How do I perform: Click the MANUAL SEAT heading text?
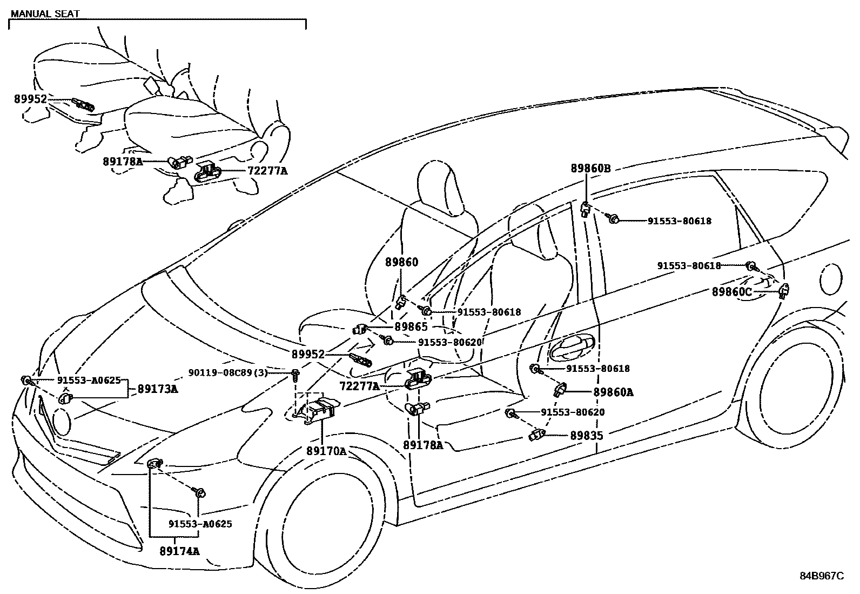click(x=45, y=14)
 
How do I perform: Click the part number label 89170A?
click(x=326, y=451)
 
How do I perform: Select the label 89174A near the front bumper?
click(x=179, y=551)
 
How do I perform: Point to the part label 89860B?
click(x=590, y=169)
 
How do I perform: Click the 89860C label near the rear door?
click(x=731, y=292)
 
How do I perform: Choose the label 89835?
click(x=587, y=435)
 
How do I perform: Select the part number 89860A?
click(x=613, y=392)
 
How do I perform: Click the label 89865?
click(x=411, y=326)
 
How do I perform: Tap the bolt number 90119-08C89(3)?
click(x=227, y=372)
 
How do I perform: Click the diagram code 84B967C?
click(x=821, y=576)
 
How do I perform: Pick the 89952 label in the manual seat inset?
click(x=31, y=99)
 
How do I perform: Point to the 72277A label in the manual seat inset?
click(x=267, y=171)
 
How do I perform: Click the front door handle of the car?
click(x=572, y=346)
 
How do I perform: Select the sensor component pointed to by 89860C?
click(x=783, y=291)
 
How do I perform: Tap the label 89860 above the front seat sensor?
click(x=401, y=262)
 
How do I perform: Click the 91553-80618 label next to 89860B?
click(x=680, y=221)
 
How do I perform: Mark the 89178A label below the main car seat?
click(x=423, y=445)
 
